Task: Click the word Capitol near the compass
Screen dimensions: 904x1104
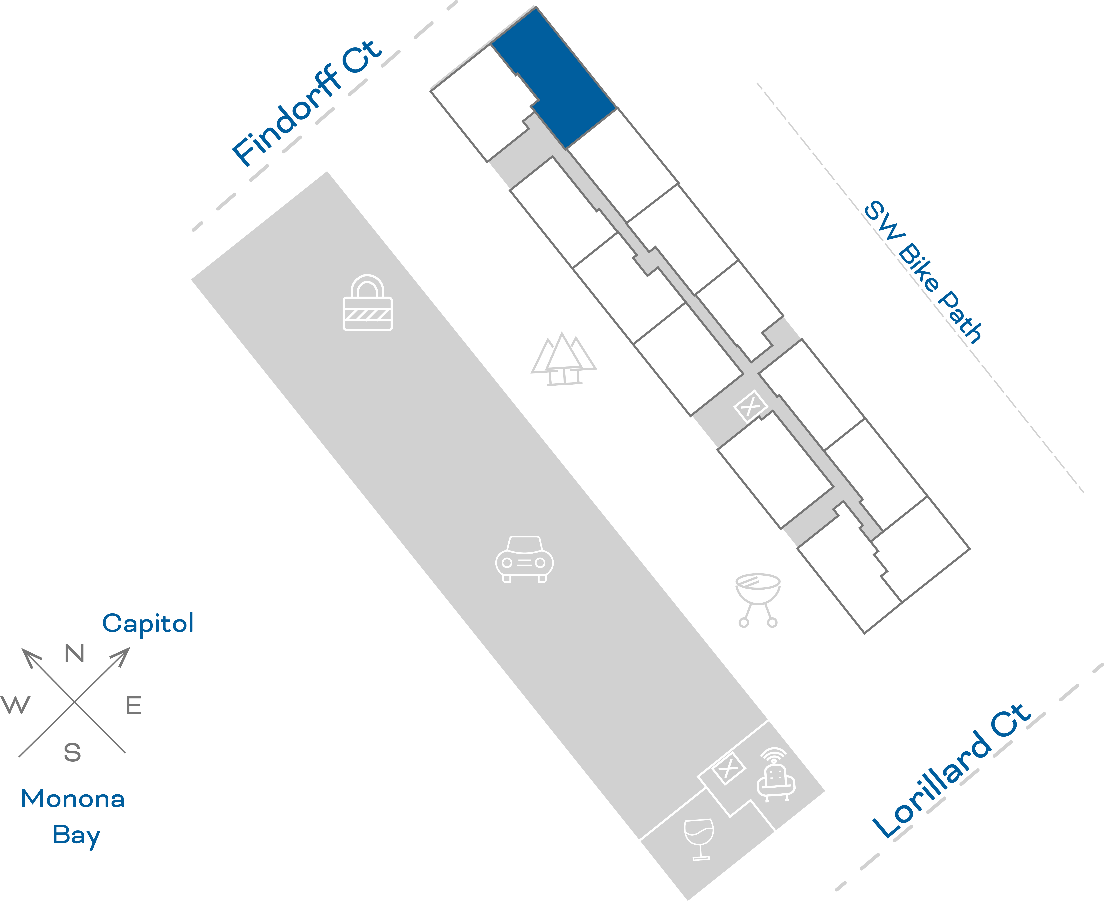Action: tap(148, 623)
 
